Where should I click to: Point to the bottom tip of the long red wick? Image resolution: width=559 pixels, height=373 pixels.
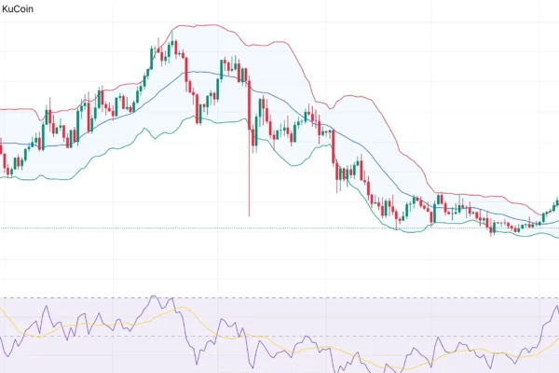click(x=249, y=215)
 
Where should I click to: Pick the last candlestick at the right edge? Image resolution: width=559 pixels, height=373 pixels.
click(x=556, y=202)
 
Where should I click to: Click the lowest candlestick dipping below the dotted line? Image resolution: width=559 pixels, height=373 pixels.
click(x=493, y=229)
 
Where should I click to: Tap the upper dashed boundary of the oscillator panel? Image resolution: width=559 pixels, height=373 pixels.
click(x=279, y=298)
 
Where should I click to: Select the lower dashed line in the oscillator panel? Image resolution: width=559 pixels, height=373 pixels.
click(x=279, y=336)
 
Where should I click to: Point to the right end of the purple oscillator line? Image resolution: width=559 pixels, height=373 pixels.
click(x=557, y=308)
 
